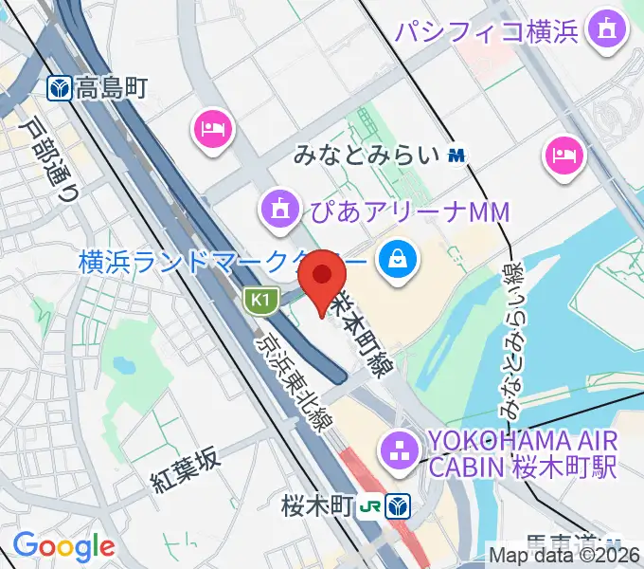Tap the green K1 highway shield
260,301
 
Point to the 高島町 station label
113,89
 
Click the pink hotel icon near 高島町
212,128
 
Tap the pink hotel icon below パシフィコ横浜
566,155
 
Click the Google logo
63,545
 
